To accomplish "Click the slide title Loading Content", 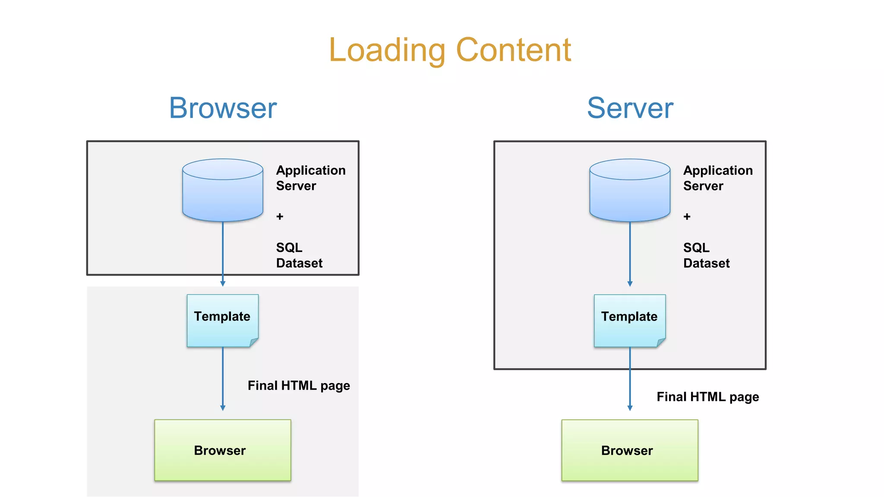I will (x=450, y=50).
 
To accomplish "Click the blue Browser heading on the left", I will (x=223, y=108).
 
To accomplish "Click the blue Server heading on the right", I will (x=630, y=108).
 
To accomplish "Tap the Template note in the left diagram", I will (x=222, y=320).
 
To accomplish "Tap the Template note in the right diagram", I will (x=629, y=320).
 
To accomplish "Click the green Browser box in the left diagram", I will (x=223, y=450).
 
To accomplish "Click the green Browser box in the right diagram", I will (x=630, y=450).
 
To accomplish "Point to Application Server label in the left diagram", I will (x=310, y=178).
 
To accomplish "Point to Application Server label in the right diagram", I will (x=717, y=178).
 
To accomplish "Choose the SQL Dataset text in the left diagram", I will (x=299, y=255).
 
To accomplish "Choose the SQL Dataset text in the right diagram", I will (x=706, y=255).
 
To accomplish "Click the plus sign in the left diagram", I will (x=280, y=216).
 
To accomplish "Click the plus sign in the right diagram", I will (x=687, y=216).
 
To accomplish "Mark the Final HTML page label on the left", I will (x=299, y=385).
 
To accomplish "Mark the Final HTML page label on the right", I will (x=707, y=396).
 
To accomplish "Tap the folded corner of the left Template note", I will (x=254, y=343).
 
